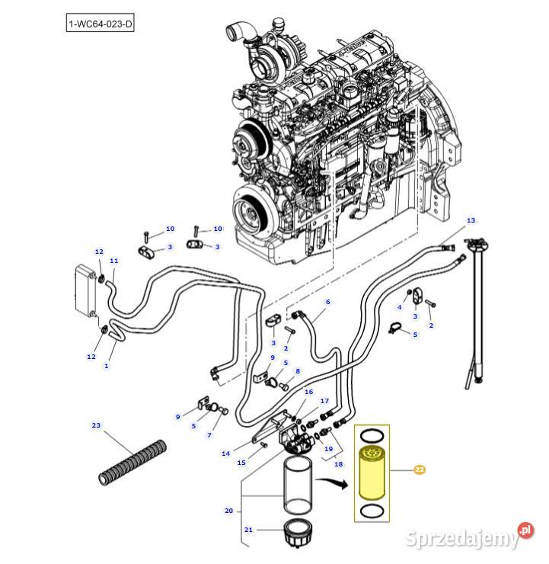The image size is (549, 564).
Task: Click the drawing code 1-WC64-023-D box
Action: pos(100,24)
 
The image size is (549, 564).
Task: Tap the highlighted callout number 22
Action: pos(420,469)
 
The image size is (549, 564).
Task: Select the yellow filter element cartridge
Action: pos(372,473)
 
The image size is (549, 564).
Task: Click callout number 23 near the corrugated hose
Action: pos(96,425)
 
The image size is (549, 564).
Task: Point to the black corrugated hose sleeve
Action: pos(132,463)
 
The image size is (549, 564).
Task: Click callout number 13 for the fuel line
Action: pos(471,220)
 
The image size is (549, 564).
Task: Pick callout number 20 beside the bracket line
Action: pos(229,511)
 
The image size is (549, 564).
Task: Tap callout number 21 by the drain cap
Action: pos(248,530)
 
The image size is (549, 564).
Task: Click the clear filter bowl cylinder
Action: pos(298,484)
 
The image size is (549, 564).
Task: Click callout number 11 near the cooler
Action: pos(114,261)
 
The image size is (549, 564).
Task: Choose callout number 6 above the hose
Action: pos(327,301)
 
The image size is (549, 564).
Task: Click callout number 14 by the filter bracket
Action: pos(225,453)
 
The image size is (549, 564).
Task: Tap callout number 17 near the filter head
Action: pos(324,401)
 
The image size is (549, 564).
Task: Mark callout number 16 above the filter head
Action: pos(308,392)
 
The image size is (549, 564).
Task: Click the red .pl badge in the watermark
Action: pos(525,530)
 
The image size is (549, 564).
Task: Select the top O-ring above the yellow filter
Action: pos(372,436)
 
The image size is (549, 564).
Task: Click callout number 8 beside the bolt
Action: pos(298,371)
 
